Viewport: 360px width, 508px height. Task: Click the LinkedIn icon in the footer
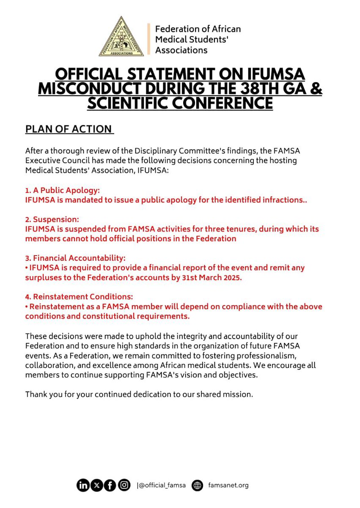click(x=83, y=486)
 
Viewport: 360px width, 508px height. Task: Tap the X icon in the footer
click(x=96, y=486)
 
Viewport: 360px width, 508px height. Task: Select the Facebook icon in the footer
click(x=110, y=486)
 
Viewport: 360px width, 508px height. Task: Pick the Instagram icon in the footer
click(x=124, y=486)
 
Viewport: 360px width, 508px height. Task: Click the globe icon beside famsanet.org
click(x=197, y=486)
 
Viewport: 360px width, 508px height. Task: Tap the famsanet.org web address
click(x=228, y=486)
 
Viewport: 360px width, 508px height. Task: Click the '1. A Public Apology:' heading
click(x=63, y=190)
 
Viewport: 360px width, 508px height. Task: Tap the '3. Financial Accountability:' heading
click(x=75, y=258)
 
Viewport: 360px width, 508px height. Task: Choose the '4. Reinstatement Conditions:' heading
click(x=79, y=297)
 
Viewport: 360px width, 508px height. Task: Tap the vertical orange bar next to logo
click(x=148, y=39)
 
